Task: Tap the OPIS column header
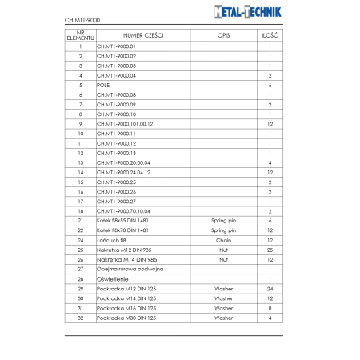pos(223,36)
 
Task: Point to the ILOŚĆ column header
pos(270,36)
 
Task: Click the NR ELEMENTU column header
pos(81,36)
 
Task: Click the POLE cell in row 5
pos(103,85)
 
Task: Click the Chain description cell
pos(223,240)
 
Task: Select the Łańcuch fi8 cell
pos(112,240)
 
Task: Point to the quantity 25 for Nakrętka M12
pos(270,250)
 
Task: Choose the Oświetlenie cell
pos(112,278)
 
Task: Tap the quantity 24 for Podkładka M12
pos(270,288)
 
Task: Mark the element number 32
pos(81,318)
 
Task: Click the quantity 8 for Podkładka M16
pos(270,308)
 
